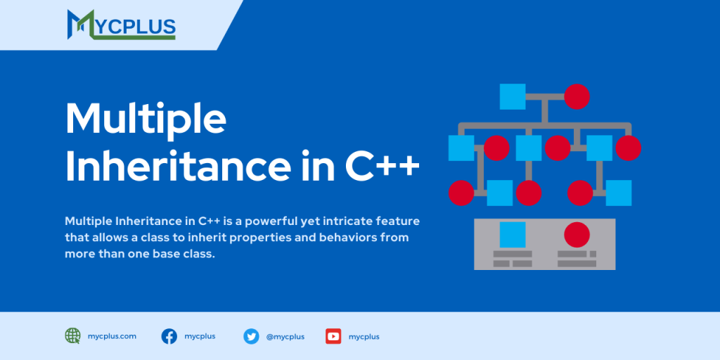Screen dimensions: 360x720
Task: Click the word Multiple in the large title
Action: coord(146,120)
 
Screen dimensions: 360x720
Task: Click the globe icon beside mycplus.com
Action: coord(72,336)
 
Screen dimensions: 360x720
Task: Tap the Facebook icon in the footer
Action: coord(169,336)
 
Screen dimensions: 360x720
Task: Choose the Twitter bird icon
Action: coord(251,336)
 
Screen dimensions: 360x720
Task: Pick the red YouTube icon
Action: coord(333,336)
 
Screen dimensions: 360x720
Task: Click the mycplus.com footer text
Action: coord(113,336)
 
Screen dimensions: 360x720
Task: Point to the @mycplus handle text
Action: coord(285,337)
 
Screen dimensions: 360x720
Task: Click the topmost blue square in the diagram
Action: coord(513,96)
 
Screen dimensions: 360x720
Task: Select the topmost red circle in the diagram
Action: coord(577,96)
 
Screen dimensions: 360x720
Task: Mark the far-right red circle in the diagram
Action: coord(628,148)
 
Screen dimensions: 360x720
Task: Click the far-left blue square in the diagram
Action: coord(461,148)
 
